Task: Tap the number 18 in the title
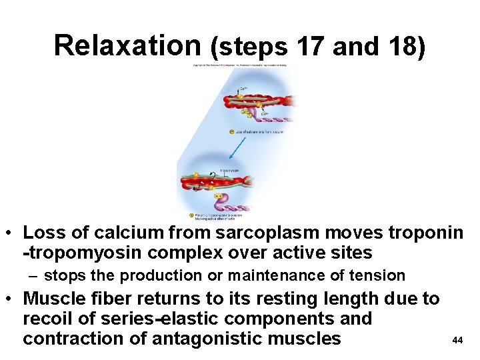[393, 47]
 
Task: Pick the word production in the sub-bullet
[163, 275]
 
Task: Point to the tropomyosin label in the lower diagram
[228, 171]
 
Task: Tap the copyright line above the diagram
[240, 65]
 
